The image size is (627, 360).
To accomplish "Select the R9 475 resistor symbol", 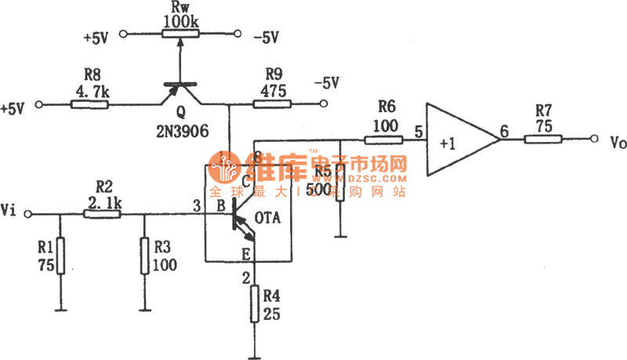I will [272, 104].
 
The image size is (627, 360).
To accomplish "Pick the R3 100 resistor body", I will [145, 255].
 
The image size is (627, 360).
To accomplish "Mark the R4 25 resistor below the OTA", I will [254, 304].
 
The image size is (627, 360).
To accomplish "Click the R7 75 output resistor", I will [543, 140].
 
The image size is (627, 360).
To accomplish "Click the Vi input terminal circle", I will [30, 213].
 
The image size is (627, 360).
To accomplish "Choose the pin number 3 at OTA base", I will [197, 205].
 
